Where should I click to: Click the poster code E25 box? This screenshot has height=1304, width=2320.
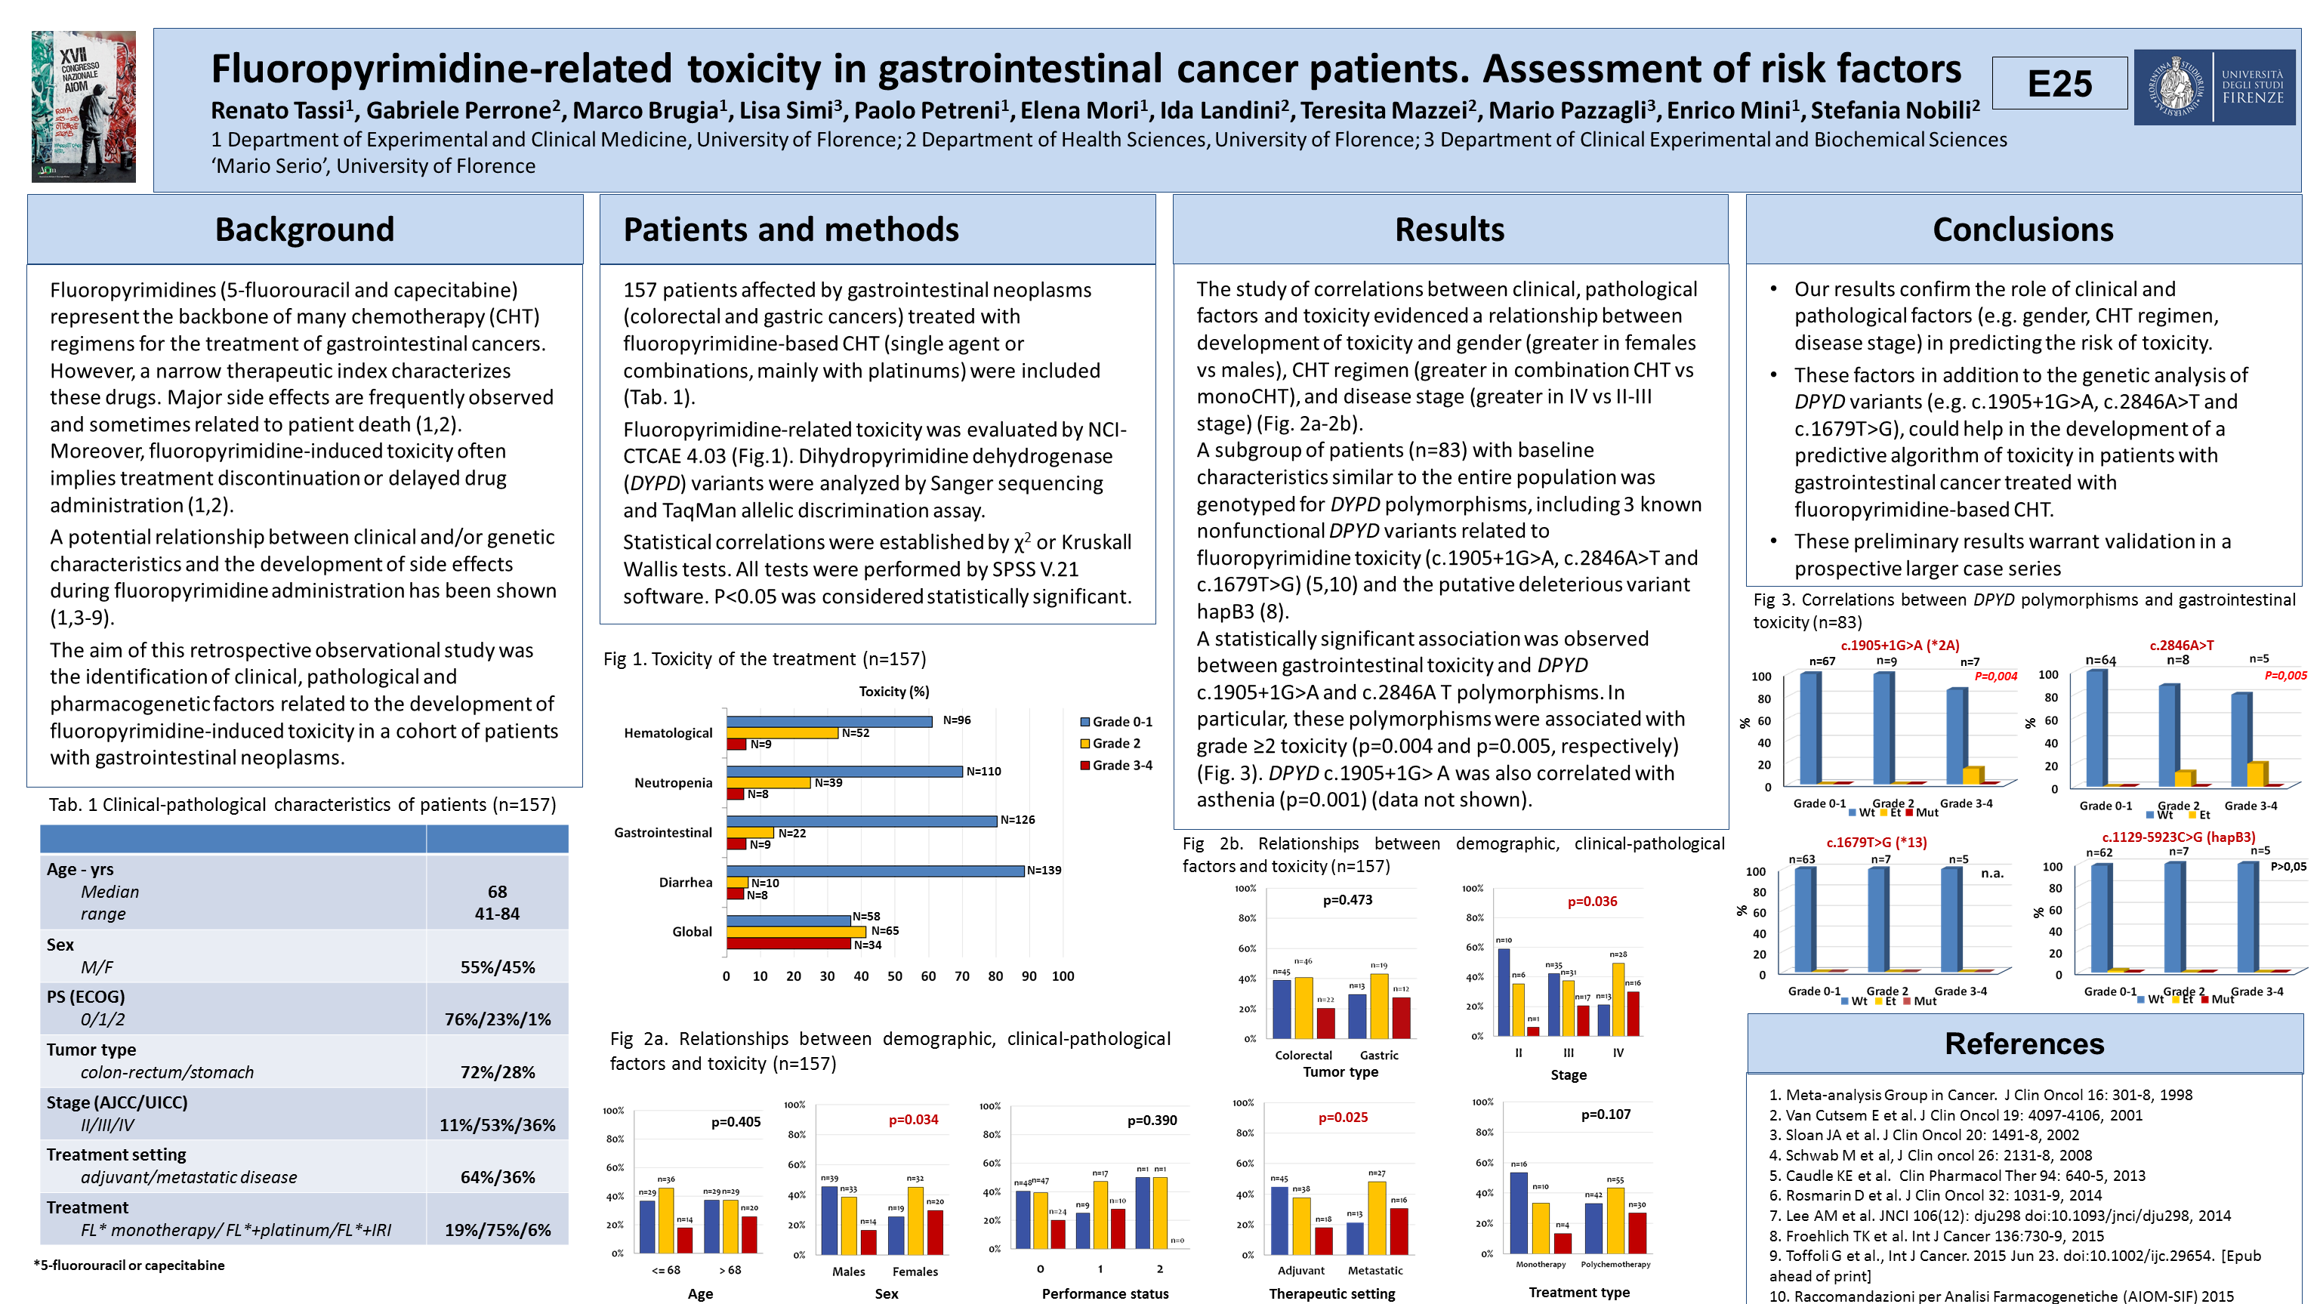[2059, 84]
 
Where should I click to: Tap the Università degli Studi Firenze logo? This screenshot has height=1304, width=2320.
[2214, 88]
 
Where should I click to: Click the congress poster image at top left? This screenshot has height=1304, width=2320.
[84, 106]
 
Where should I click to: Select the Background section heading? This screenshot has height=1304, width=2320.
[304, 230]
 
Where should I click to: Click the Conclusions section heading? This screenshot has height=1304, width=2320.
[2022, 230]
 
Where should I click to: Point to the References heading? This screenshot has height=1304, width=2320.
[2024, 1044]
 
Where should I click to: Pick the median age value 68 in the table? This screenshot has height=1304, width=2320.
[497, 892]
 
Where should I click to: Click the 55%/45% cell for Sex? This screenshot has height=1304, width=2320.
[497, 967]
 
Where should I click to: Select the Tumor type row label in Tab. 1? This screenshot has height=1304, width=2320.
[91, 1049]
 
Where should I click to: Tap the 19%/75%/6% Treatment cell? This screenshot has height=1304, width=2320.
[497, 1230]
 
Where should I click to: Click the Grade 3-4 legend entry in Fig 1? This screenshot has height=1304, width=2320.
[1116, 766]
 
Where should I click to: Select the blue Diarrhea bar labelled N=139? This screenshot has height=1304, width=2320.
[875, 871]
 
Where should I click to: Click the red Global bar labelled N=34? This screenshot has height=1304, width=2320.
[788, 944]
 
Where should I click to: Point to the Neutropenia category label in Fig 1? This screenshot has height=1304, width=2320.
[673, 782]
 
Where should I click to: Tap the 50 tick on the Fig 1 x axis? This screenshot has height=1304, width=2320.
[894, 976]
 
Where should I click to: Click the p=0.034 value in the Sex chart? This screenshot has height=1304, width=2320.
[913, 1120]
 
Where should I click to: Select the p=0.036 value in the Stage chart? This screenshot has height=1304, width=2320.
[1592, 902]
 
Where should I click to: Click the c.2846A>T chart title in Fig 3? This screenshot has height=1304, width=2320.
[2181, 645]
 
